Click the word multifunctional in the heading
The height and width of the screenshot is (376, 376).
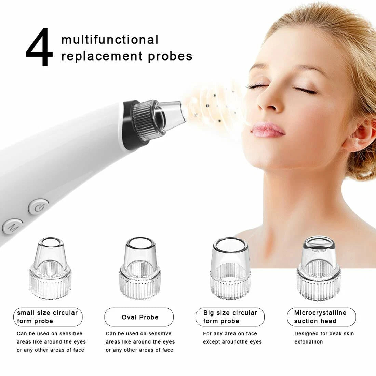coord(110,40)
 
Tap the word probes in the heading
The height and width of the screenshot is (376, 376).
coord(170,57)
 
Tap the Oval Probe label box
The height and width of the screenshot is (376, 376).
coord(139,317)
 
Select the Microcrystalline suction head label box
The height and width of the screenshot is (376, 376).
coord(321,317)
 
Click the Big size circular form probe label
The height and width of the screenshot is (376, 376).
coord(230,317)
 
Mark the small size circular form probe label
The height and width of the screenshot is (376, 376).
coord(48,317)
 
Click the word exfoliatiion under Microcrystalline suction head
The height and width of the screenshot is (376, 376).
coord(309,342)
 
